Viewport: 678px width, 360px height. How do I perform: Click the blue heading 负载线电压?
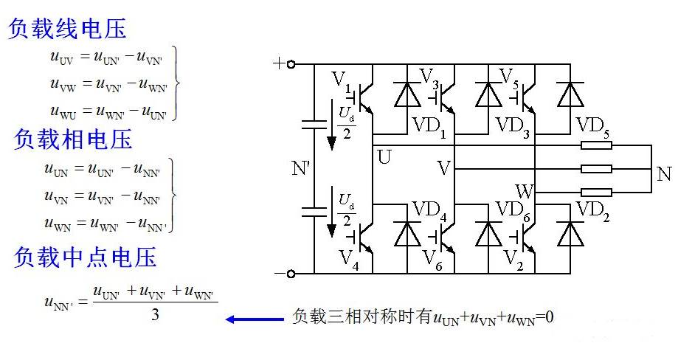[67, 29]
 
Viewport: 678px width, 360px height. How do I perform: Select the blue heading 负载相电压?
[72, 139]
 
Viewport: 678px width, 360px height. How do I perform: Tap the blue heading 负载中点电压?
[85, 257]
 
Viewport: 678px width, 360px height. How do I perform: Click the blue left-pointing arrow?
[255, 319]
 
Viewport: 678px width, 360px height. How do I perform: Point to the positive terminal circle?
[291, 64]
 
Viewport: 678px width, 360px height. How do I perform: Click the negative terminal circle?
[291, 274]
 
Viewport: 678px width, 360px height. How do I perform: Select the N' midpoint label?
[302, 168]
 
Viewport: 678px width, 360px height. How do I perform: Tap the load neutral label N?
[664, 174]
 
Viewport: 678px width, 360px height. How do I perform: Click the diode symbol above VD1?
[407, 94]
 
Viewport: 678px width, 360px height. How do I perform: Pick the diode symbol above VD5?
[570, 94]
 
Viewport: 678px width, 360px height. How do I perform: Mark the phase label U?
[384, 157]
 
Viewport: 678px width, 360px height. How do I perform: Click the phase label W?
[525, 192]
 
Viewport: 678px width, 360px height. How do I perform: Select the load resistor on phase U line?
[596, 145]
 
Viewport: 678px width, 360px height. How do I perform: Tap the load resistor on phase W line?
[596, 193]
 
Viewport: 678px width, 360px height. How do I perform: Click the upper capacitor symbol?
[314, 125]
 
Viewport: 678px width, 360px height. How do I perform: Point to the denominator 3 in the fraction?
[155, 314]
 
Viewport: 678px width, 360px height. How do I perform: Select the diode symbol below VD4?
[407, 234]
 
